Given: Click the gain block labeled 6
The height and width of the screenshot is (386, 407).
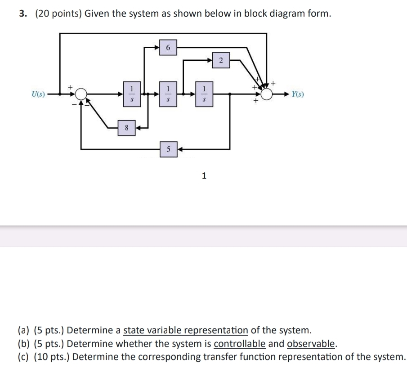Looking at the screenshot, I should coord(168,47).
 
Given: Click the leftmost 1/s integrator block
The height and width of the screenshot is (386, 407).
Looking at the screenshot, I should coord(131,94).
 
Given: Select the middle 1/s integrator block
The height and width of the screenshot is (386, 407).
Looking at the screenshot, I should coord(168,94).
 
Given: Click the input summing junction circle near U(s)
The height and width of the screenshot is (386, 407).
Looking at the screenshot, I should coord(81,94).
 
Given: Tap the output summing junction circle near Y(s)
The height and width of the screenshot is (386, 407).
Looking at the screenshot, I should coord(267,94).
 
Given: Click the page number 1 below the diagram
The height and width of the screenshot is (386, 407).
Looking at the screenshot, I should coord(204,176).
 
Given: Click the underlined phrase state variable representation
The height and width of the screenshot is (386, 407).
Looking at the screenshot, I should coord(186,331).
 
